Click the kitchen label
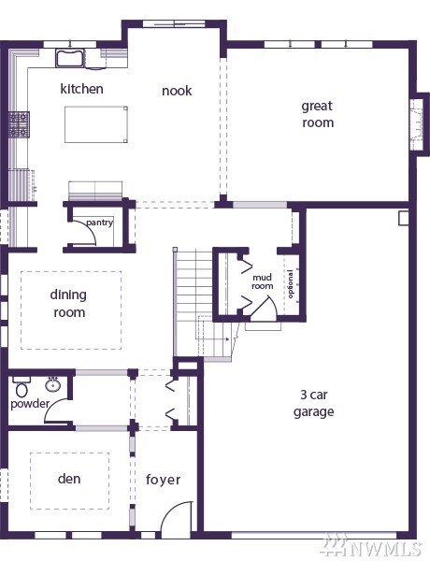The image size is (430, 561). [81, 89]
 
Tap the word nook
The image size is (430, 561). [177, 91]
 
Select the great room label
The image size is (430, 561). [318, 114]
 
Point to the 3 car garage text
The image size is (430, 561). [314, 403]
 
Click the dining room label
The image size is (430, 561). [68, 303]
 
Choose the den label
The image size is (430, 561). [69, 479]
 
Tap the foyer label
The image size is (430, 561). [164, 480]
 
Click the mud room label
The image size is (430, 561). [263, 281]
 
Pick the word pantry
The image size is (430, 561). [99, 223]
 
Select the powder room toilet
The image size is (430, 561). [21, 387]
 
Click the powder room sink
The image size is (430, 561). [53, 384]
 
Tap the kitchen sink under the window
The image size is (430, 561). [70, 58]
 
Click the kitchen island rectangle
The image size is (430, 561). [96, 124]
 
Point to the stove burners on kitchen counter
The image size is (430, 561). [19, 124]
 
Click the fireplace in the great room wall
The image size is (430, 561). [419, 124]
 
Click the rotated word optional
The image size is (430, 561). [290, 284]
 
